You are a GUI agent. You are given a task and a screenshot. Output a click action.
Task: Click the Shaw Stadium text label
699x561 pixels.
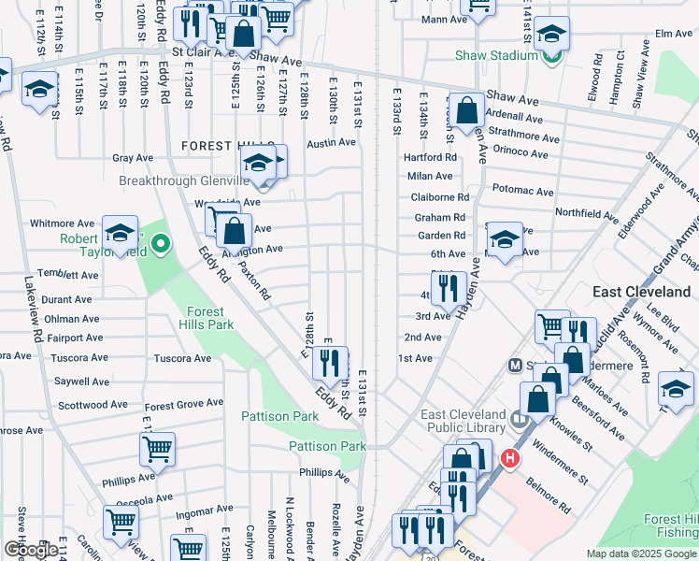click(496, 56)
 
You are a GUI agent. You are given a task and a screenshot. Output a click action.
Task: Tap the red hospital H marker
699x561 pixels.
click(509, 458)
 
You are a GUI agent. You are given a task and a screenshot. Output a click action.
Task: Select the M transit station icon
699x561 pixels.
click(514, 364)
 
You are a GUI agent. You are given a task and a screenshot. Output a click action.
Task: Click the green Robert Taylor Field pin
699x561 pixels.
click(161, 246)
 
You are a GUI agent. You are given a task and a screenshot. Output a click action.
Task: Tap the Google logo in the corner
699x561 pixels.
click(33, 550)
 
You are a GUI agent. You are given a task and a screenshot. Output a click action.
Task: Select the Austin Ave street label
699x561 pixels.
click(332, 143)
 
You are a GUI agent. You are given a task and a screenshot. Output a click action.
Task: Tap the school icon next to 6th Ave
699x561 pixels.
click(505, 238)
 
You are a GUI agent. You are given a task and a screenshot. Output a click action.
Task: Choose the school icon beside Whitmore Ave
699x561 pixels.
click(120, 233)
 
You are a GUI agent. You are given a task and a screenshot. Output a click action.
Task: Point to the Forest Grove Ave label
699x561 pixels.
click(184, 404)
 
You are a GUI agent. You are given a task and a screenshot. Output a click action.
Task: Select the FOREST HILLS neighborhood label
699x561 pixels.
click(223, 146)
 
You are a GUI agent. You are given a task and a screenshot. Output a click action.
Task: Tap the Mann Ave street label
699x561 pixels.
click(443, 19)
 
